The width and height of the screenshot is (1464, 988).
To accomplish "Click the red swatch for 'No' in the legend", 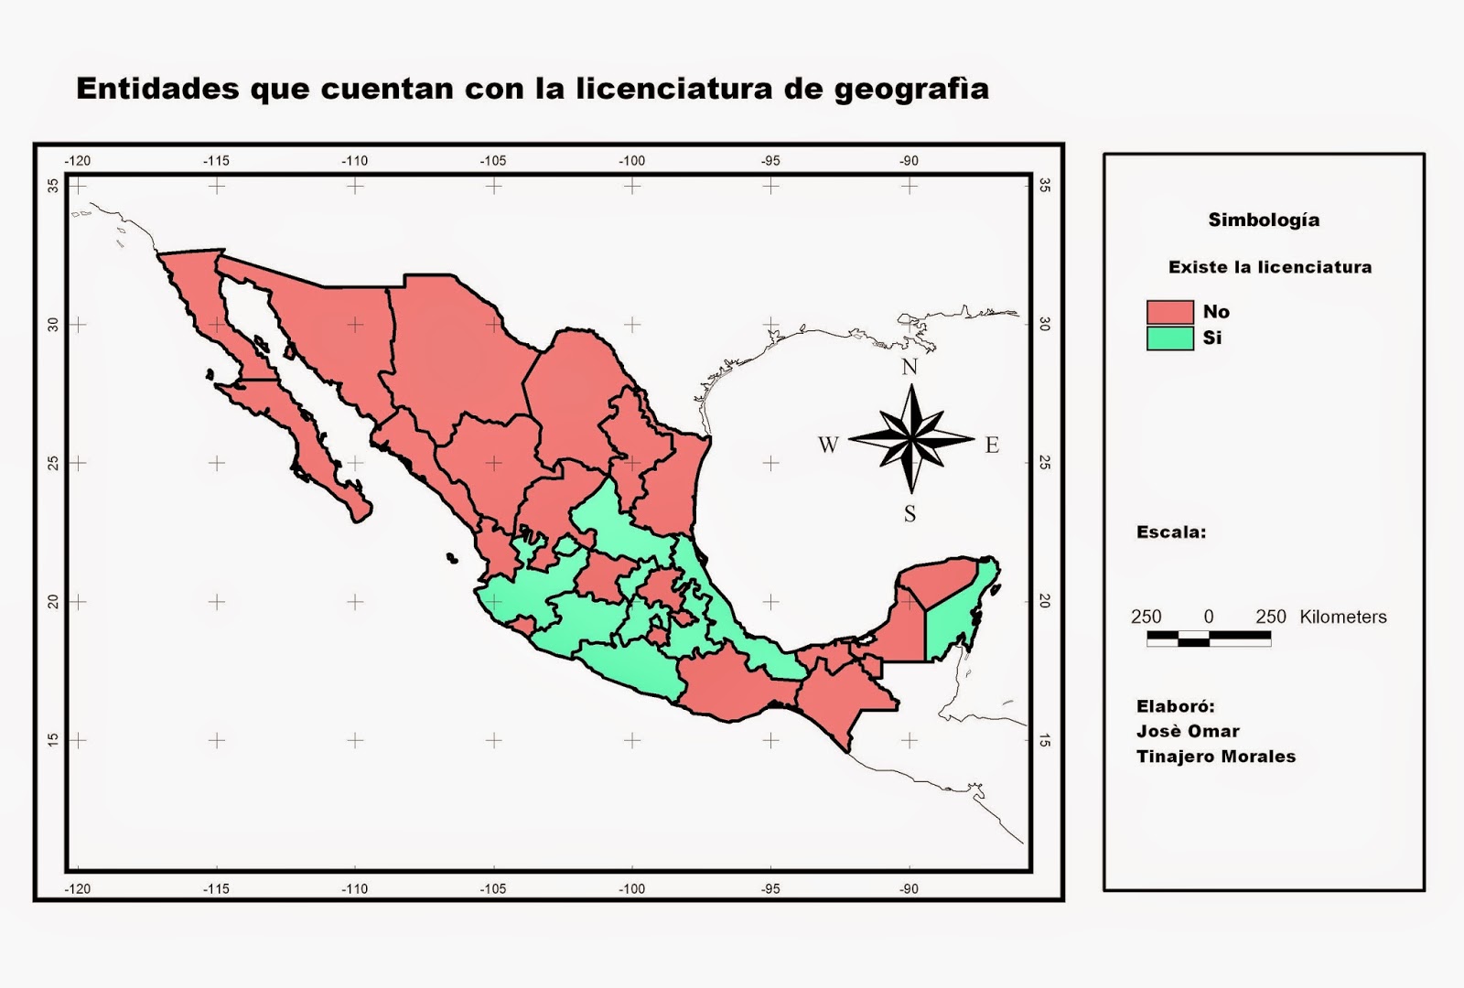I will tap(1169, 312).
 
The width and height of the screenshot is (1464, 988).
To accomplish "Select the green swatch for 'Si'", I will tap(1169, 338).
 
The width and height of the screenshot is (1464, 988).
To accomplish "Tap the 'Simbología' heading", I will tap(1264, 220).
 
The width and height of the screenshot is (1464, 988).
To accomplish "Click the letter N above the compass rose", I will tap(910, 367).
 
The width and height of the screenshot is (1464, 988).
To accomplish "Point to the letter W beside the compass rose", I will tap(827, 446).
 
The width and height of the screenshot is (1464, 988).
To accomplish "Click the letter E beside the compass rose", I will tap(992, 446).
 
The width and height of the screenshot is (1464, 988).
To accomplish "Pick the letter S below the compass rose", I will tap(910, 514).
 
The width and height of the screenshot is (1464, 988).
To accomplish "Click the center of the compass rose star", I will tap(911, 439).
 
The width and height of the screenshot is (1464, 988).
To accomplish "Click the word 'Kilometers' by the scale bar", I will tap(1342, 617).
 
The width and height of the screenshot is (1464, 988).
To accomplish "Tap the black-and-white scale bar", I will tap(1208, 638).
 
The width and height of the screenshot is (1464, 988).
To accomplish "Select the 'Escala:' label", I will tap(1170, 532).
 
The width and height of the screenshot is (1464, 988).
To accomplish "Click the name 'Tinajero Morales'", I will tap(1215, 757).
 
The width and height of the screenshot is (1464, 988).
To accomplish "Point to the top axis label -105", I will tap(493, 161).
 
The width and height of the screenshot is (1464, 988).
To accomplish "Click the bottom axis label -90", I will tap(908, 888).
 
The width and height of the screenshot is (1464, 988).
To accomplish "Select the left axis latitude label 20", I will tap(54, 601).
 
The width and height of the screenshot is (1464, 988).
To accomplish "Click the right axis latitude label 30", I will tap(1044, 324).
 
